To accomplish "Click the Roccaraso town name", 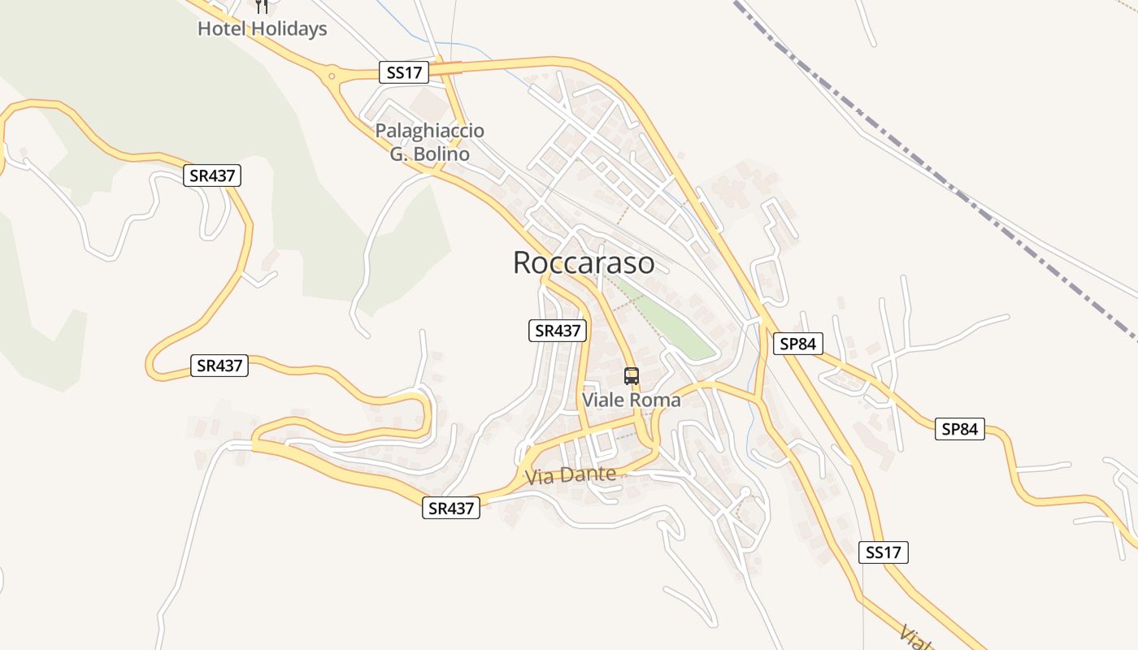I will coord(584,262).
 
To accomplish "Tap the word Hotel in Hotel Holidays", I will coord(222,29).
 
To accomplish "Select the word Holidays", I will coord(288,29).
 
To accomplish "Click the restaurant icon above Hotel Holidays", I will coord(261,6).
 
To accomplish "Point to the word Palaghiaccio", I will coord(429,131).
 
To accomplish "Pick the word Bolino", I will coord(441,154).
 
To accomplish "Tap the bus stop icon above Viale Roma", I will coord(632,375).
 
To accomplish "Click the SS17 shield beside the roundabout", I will coord(403,72).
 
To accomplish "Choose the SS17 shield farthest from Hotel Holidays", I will coord(883,552).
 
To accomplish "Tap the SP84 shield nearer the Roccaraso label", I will coord(797,344).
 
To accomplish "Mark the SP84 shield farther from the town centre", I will coord(959,429).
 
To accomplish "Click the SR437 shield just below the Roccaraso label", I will coord(557,331).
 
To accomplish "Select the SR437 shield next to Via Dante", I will coord(451,509).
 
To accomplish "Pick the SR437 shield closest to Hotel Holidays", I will coord(212,175).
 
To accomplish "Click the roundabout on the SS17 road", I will coord(332,77).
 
